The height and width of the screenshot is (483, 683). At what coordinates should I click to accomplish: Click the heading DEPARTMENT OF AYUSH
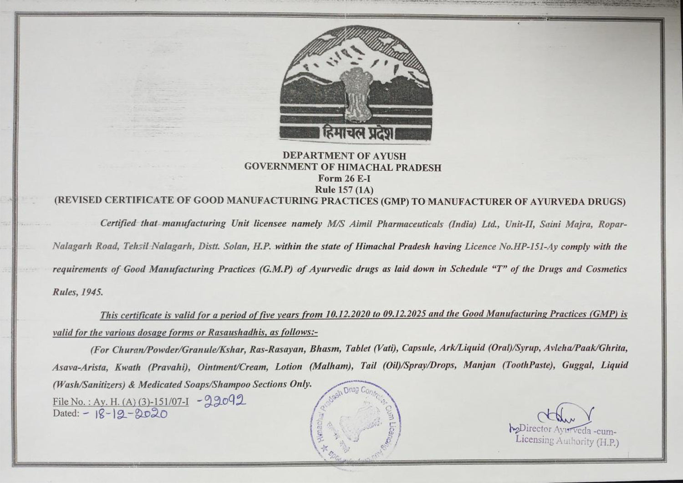click(x=344, y=156)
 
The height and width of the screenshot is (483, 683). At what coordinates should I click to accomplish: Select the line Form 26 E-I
click(x=344, y=178)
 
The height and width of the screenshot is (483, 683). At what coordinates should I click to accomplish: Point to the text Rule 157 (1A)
click(x=344, y=189)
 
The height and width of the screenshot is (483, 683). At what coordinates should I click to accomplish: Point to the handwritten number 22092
click(x=223, y=401)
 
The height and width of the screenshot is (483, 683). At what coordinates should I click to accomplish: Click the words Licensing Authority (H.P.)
click(x=567, y=441)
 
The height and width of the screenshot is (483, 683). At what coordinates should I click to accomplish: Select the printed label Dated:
click(x=66, y=413)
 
